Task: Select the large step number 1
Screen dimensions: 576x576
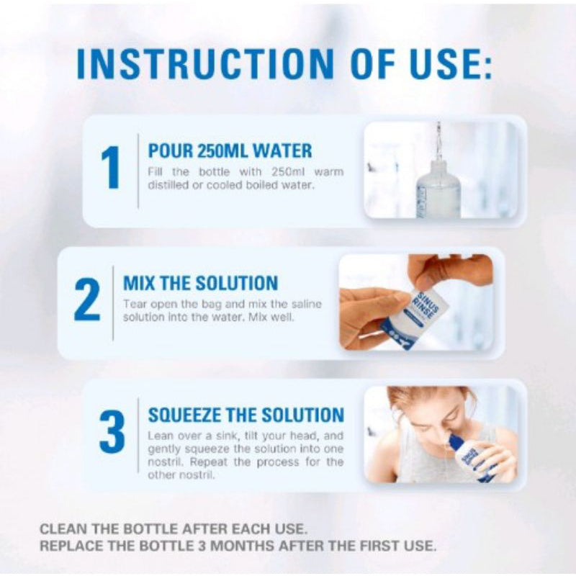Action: tap(110, 168)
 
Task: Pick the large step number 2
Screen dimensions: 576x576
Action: tap(86, 300)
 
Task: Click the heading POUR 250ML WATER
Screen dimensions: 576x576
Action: tap(230, 151)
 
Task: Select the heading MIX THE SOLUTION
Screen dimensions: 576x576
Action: tap(200, 283)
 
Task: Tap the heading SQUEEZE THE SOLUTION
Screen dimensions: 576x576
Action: tap(246, 415)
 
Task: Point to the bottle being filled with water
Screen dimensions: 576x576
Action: tap(438, 189)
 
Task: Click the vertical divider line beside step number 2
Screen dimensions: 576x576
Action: tap(113, 302)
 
